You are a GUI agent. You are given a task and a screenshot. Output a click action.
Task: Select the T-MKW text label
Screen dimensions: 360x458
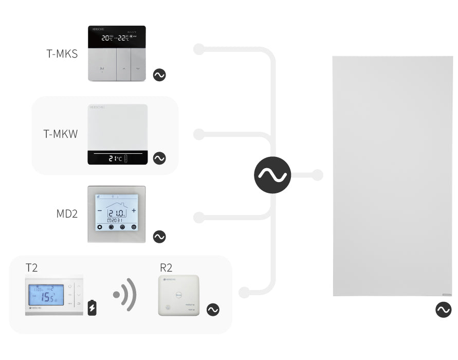pyautogui.click(x=61, y=135)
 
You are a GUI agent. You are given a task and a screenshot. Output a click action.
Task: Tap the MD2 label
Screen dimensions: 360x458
pyautogui.click(x=67, y=213)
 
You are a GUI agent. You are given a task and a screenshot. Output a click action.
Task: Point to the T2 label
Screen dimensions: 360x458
pyautogui.click(x=31, y=267)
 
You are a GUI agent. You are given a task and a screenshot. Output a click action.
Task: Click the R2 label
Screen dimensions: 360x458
pyautogui.click(x=166, y=267)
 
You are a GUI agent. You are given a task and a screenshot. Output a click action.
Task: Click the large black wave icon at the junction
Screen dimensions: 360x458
pyautogui.click(x=272, y=175)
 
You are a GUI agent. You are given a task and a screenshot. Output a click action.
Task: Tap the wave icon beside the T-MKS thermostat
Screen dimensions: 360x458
pyautogui.click(x=159, y=75)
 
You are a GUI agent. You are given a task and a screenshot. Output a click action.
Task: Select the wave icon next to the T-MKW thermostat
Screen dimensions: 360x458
pyautogui.click(x=159, y=158)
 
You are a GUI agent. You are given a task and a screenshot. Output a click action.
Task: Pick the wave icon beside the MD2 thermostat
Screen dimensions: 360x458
pyautogui.click(x=159, y=237)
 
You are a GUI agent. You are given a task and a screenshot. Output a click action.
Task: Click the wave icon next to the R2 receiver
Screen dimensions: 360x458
pyautogui.click(x=212, y=310)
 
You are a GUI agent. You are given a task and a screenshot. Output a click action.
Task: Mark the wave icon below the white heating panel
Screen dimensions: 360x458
pyautogui.click(x=443, y=310)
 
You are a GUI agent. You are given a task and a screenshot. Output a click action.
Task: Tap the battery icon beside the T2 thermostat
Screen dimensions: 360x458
pyautogui.click(x=92, y=307)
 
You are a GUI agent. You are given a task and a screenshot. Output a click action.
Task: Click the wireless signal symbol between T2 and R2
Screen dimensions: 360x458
pyautogui.click(x=125, y=295)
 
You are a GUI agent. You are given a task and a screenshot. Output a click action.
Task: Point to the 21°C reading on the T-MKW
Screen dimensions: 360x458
pyautogui.click(x=115, y=158)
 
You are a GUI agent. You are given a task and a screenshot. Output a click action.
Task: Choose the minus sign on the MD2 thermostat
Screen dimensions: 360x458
pyautogui.click(x=100, y=211)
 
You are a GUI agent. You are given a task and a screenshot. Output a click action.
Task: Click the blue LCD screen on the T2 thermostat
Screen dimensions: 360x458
pyautogui.click(x=46, y=295)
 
